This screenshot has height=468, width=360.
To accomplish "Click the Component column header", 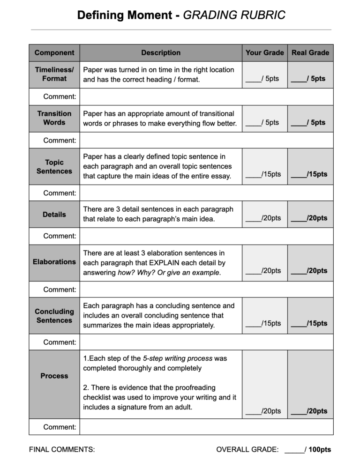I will (x=54, y=53).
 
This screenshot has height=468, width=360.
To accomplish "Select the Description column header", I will (x=161, y=53).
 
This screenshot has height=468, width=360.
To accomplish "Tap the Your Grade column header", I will (x=264, y=53).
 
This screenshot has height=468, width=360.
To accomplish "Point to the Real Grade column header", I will (x=310, y=53).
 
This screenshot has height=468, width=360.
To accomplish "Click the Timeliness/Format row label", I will (x=54, y=74).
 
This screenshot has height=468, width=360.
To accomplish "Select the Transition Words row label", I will (x=54, y=118).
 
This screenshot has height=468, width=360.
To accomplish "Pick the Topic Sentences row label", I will (x=54, y=167).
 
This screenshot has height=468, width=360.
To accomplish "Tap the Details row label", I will (x=54, y=214).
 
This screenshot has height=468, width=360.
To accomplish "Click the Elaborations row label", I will (x=54, y=261).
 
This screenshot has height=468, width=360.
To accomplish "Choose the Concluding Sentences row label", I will (x=54, y=316).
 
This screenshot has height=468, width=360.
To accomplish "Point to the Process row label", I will (x=54, y=376).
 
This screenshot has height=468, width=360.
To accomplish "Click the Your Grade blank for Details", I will (x=254, y=219).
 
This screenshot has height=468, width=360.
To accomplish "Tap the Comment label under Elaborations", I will (x=60, y=290).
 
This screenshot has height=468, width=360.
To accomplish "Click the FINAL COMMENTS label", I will (x=62, y=450).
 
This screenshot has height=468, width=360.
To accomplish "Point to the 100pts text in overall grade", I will (x=320, y=450).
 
